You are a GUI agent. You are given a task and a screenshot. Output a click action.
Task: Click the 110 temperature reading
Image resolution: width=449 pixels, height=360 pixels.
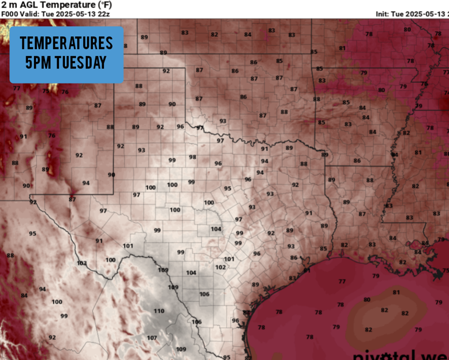coord(158,311)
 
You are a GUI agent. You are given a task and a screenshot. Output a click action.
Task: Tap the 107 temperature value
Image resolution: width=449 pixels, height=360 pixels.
coord(151,338)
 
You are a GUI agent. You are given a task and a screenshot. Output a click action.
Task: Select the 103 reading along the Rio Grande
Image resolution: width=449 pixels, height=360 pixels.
coord(81,263)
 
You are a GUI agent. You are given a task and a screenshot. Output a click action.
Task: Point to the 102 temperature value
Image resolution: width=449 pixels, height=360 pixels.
coord(220,267)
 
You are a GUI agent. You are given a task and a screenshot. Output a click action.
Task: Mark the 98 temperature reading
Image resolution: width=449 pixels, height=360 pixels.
coord(192,157)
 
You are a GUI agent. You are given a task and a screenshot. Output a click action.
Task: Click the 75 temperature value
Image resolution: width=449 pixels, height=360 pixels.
coord(46,91)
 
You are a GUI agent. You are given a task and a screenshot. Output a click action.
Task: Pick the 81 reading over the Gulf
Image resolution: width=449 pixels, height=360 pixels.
coord(396,292)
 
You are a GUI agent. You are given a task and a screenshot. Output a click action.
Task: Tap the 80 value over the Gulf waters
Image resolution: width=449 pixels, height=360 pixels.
coord(367,299)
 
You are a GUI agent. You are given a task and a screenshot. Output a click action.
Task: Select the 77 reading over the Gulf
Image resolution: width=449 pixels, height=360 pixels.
coord(342,281)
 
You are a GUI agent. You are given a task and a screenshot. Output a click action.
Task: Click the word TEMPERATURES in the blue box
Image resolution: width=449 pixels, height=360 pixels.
coord(66,43)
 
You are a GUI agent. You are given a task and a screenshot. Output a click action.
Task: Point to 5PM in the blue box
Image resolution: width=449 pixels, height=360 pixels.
coord(39,62)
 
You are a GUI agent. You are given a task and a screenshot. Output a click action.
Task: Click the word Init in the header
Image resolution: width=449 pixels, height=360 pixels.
coord(383,13)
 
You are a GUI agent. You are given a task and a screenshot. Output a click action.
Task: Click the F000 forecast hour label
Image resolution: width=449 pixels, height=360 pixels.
coord(9,13)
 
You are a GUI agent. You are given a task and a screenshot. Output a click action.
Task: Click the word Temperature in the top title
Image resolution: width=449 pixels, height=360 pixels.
coord(65,5)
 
